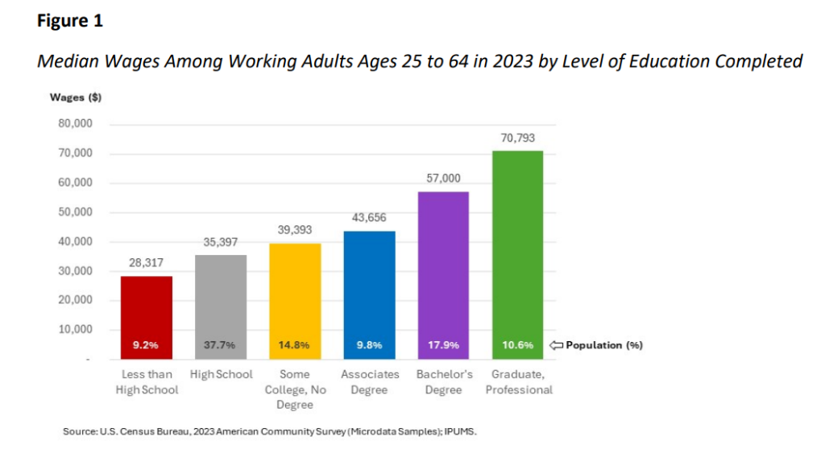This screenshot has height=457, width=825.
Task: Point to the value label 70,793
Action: coord(517,139)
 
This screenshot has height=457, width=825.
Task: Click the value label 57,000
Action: coord(443,179)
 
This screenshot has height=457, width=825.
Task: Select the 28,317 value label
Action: coord(146,263)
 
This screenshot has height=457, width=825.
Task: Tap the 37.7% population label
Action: coord(221,345)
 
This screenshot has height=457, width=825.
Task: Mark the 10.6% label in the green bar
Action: coord(517,345)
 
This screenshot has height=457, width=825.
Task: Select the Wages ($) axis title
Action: coord(76,98)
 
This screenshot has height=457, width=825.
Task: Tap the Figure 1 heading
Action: coord(70,22)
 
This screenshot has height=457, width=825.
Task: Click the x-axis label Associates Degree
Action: coord(370,382)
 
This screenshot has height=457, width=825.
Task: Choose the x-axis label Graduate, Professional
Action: coord(519,382)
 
